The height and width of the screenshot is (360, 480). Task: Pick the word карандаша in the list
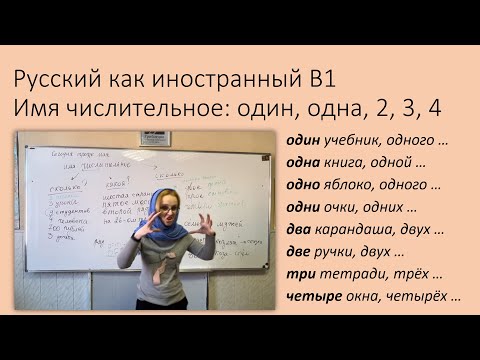[359, 230]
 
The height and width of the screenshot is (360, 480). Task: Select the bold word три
[299, 275]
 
